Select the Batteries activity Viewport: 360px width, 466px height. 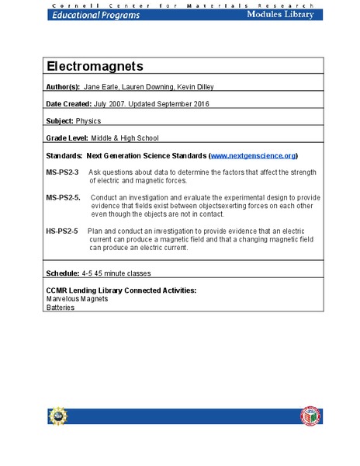click(61, 307)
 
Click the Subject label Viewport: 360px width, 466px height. click(60, 120)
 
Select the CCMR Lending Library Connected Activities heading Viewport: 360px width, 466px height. click(121, 290)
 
